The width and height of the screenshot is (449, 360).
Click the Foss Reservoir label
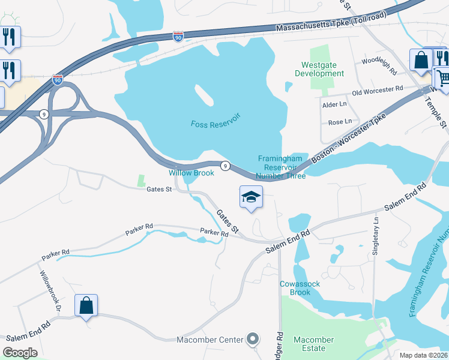tap(215, 124)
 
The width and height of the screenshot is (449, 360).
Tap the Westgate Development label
tap(319, 69)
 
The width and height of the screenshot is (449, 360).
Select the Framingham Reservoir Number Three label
tap(282, 167)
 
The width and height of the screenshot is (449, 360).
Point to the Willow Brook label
tap(191, 173)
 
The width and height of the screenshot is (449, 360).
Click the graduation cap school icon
tap(252, 197)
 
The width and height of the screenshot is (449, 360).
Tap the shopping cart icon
tap(442, 77)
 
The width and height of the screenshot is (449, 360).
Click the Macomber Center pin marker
tap(253, 339)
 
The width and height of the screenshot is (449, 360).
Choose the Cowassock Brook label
tap(295, 288)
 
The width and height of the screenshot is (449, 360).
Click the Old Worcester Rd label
tap(377, 89)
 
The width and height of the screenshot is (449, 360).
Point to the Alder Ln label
tap(335, 104)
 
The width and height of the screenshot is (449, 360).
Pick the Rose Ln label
tap(340, 122)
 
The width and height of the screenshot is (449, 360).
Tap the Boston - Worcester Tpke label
tap(348, 137)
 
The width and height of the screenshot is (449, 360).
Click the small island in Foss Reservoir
tap(203, 94)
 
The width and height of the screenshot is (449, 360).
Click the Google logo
tap(20, 353)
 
